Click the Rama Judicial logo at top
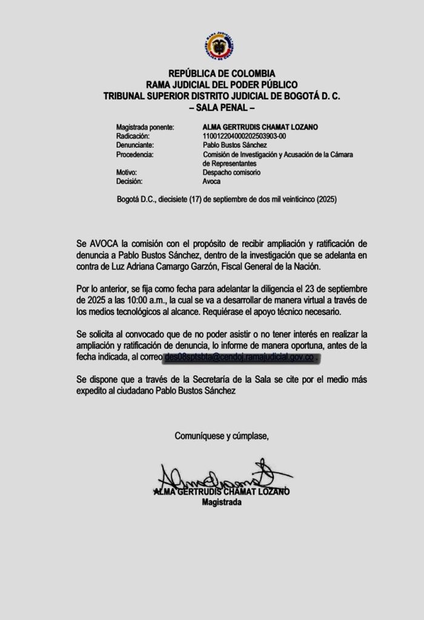(220, 47)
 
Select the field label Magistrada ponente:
(145, 128)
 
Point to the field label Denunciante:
(134, 146)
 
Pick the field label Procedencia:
(135, 155)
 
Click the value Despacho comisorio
(232, 173)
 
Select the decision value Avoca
(212, 181)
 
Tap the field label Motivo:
(127, 173)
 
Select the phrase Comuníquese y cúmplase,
(222, 435)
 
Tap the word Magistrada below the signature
(222, 503)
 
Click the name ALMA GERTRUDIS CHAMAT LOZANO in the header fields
(260, 128)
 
